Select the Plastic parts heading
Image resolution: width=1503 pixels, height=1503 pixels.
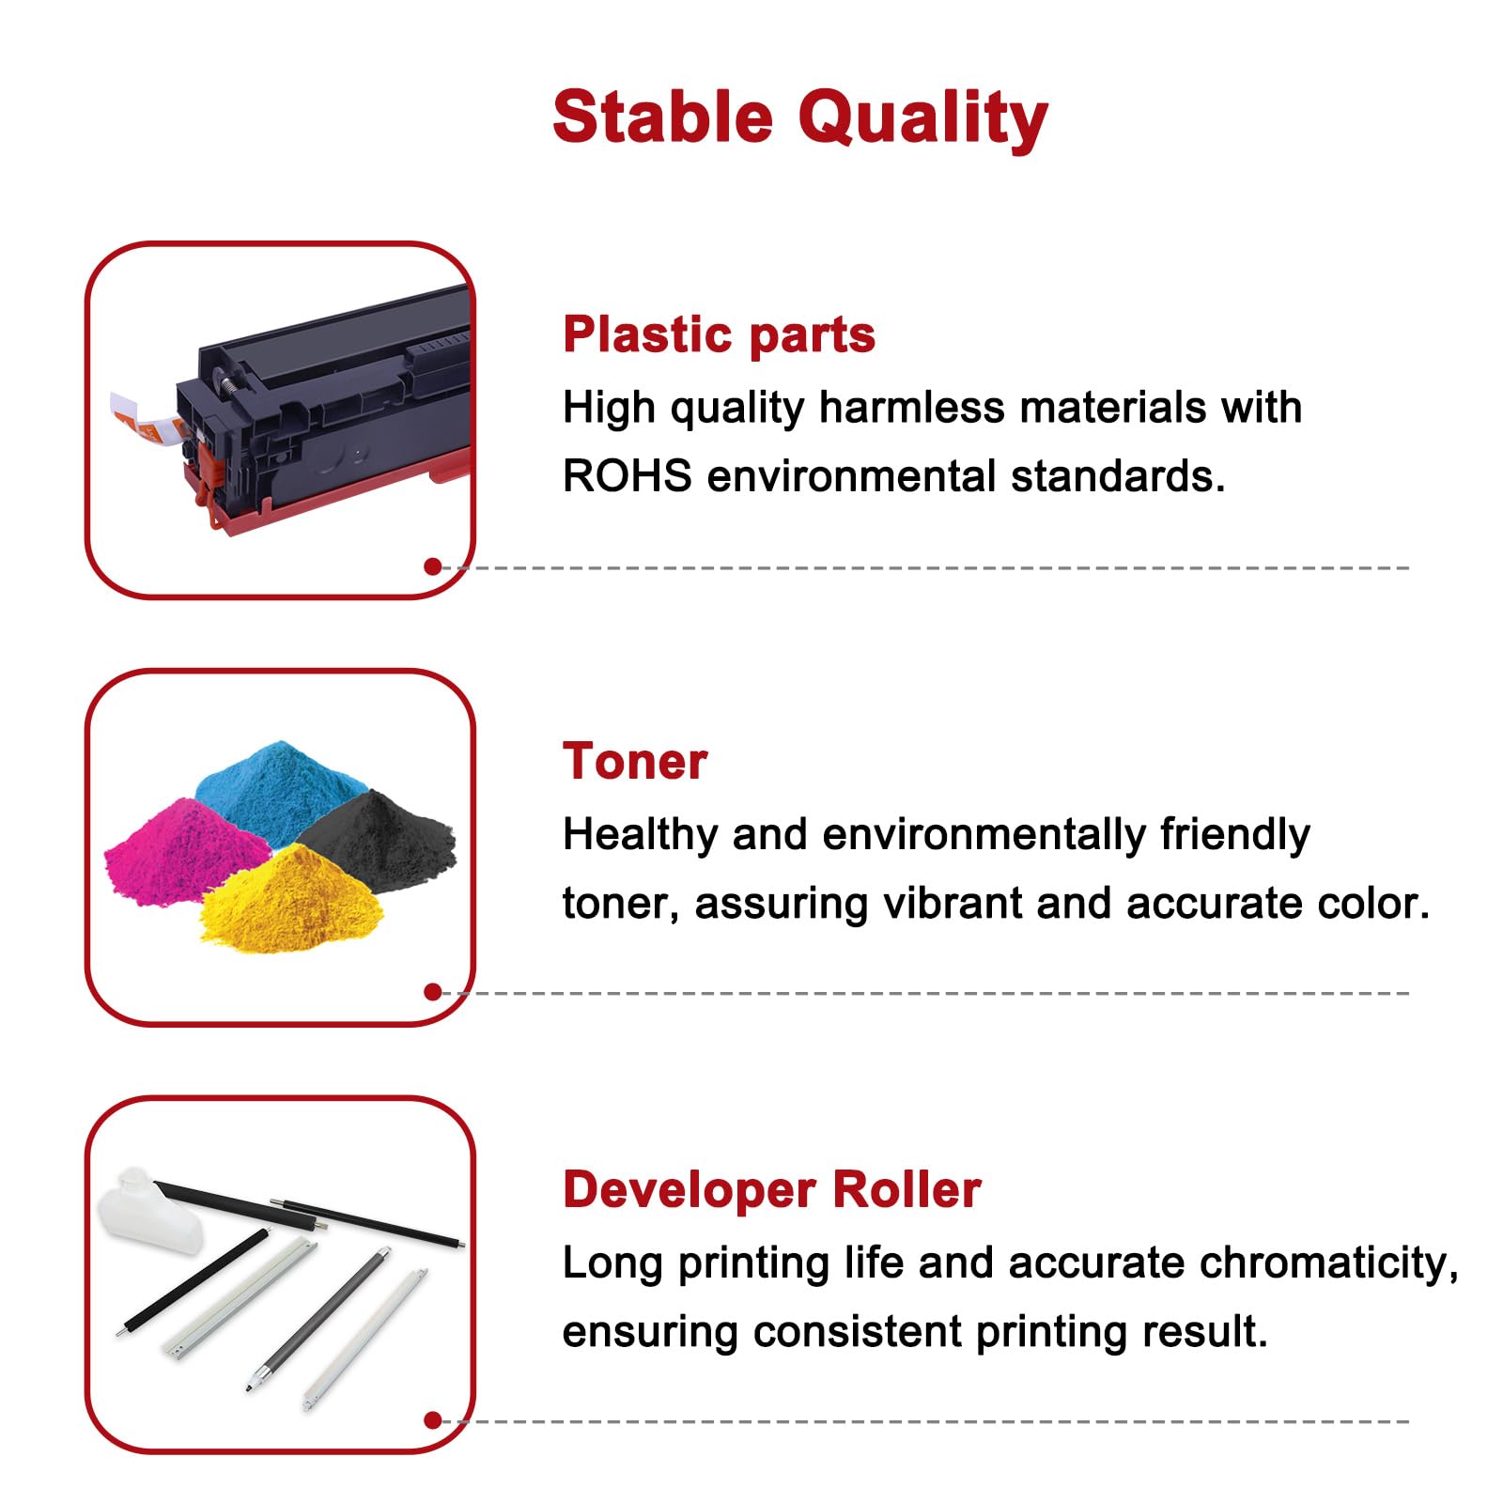click(x=719, y=334)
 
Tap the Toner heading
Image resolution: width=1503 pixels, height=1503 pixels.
click(x=634, y=761)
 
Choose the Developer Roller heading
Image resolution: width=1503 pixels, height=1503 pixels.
click(x=771, y=1189)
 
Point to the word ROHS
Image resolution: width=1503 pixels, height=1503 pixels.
click(x=627, y=476)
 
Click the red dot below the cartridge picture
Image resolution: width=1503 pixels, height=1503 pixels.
click(x=433, y=566)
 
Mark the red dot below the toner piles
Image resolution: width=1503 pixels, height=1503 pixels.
click(x=433, y=992)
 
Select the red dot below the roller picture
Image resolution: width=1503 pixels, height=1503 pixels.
click(x=433, y=1420)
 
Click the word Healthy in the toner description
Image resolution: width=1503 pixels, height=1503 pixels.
click(x=640, y=834)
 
